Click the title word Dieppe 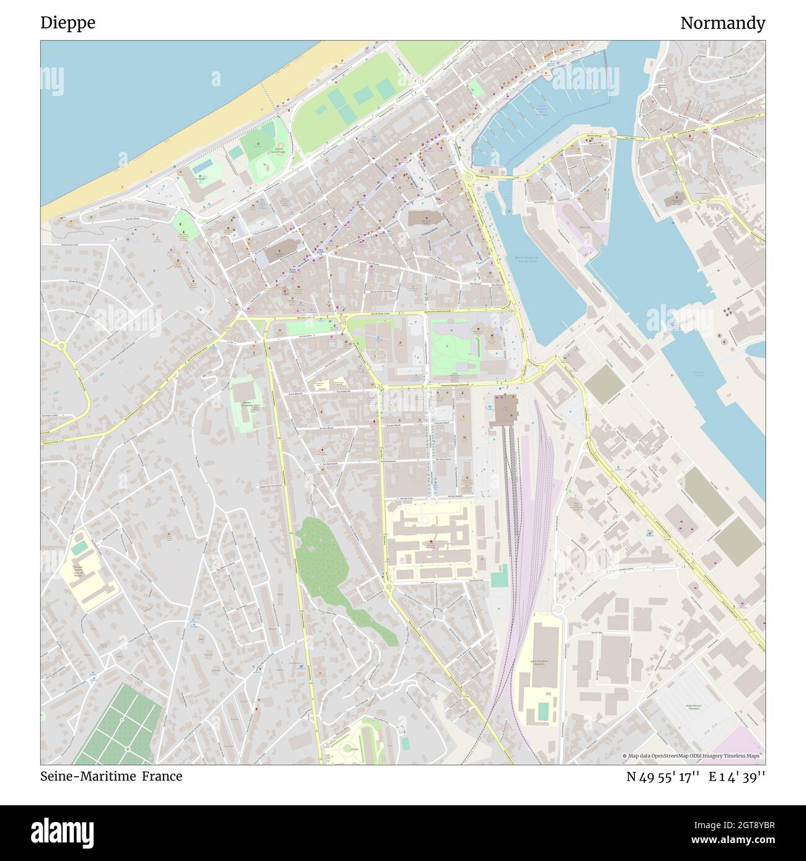tap(68, 23)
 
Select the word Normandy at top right tap(722, 23)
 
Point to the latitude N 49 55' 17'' tap(663, 776)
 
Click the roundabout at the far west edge tap(62, 346)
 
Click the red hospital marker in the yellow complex tap(432, 544)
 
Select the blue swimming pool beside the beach tap(203, 167)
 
